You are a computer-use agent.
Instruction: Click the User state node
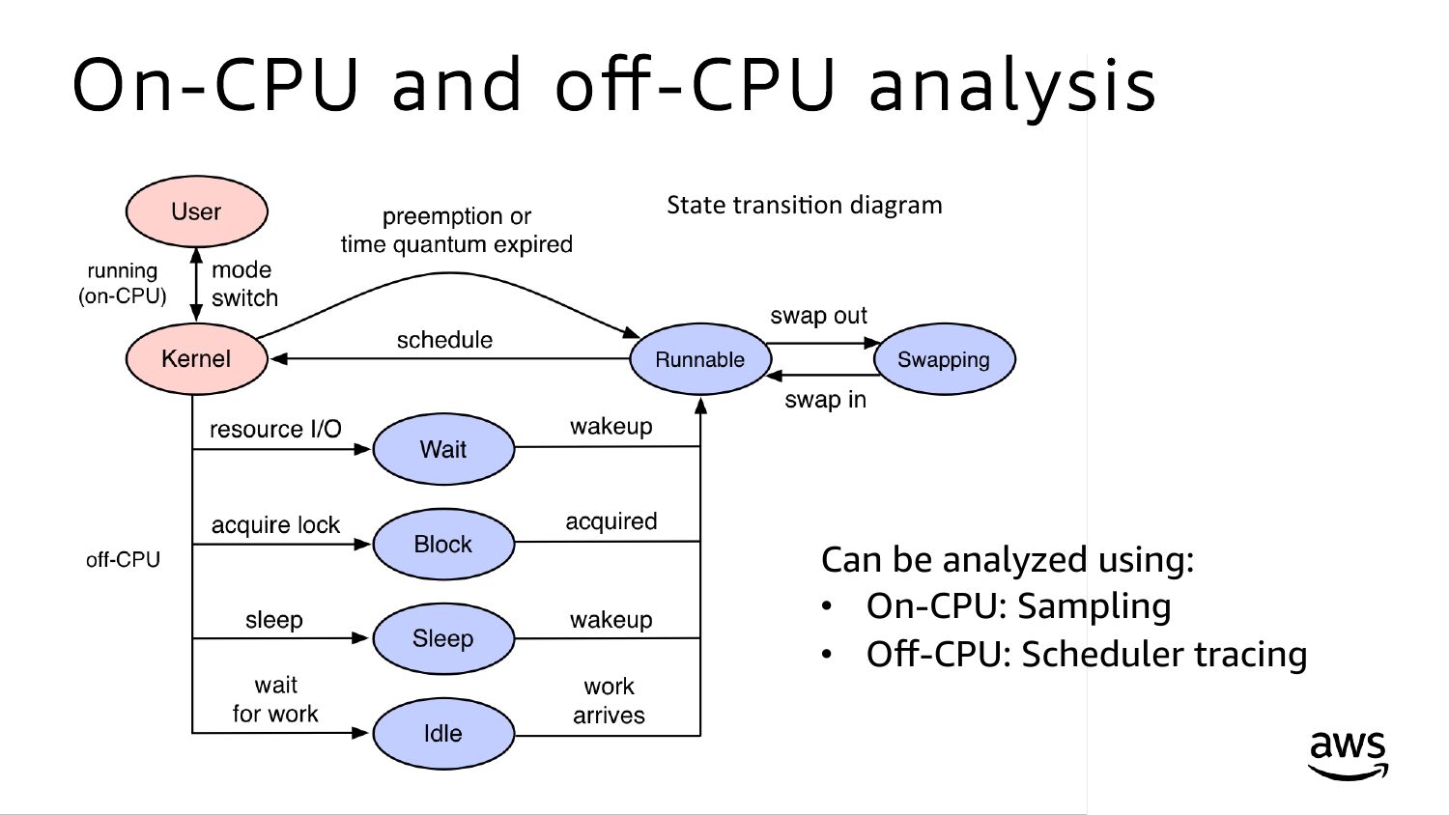tap(196, 211)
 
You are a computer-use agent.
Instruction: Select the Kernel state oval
tap(196, 358)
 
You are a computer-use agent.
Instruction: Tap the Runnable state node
tap(700, 359)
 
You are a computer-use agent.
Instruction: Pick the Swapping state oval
tap(944, 359)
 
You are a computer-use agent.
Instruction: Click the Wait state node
tap(443, 449)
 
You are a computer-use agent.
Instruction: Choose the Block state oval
tap(443, 544)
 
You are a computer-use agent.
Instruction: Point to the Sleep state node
tap(443, 638)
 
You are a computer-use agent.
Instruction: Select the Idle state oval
tap(443, 733)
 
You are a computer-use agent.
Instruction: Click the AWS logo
tap(1348, 754)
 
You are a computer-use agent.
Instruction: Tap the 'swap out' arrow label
tap(818, 316)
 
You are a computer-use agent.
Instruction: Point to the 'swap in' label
tap(825, 400)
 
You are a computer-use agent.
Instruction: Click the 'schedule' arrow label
tap(444, 340)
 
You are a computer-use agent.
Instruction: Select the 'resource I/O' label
tap(275, 429)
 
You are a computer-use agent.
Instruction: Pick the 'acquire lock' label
tap(275, 525)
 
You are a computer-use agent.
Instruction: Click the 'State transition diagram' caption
tap(804, 205)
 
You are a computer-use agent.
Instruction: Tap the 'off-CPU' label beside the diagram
tap(123, 560)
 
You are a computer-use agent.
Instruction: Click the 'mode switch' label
tap(243, 284)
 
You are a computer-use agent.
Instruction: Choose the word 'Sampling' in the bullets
tap(1094, 606)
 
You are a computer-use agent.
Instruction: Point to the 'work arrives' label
tap(609, 701)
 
